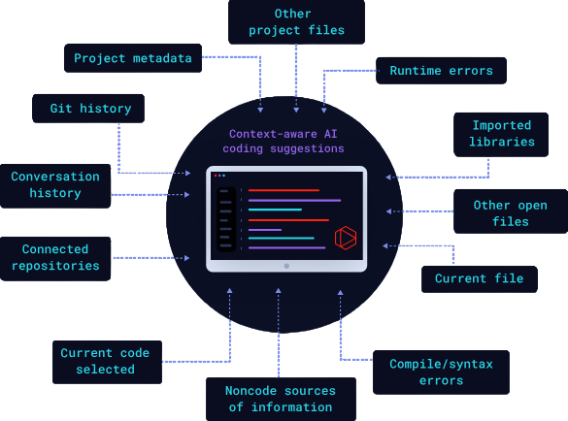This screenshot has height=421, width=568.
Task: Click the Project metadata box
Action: click(133, 58)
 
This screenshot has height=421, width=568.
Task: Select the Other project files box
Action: click(296, 22)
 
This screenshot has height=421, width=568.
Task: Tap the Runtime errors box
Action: click(441, 71)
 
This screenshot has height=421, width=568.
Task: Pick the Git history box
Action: click(88, 109)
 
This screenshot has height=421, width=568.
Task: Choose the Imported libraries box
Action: click(501, 135)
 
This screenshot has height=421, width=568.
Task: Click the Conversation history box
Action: click(55, 186)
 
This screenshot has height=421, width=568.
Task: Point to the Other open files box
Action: click(511, 211)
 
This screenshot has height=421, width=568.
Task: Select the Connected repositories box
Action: click(55, 259)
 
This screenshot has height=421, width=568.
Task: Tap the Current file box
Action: click(480, 279)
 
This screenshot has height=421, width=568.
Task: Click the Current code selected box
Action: click(107, 362)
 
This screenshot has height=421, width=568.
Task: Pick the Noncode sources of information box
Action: click(281, 399)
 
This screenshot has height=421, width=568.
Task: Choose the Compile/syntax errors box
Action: click(441, 372)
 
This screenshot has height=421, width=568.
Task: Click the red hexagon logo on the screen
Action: click(346, 238)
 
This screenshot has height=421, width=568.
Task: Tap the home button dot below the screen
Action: click(286, 266)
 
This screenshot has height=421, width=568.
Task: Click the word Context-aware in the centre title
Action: click(273, 134)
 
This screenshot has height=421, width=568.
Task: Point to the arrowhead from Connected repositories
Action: click(187, 258)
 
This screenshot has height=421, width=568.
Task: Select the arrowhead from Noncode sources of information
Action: click(279, 291)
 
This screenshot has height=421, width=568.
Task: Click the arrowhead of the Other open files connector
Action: click(388, 211)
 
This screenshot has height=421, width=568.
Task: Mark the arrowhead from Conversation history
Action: click(187, 195)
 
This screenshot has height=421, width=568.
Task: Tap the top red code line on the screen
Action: click(284, 190)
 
